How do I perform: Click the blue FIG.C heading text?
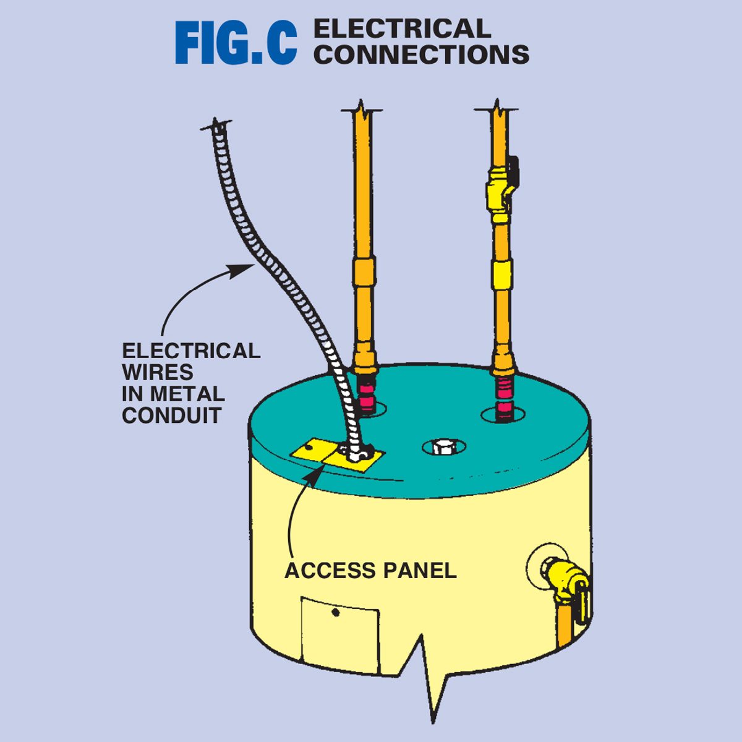tap(236, 43)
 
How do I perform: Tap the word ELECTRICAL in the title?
tap(402, 29)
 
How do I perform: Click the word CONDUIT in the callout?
tap(171, 416)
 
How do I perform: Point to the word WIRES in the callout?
tap(157, 372)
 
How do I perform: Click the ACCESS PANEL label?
tap(370, 570)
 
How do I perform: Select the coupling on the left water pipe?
tap(364, 271)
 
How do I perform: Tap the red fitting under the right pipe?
tap(505, 395)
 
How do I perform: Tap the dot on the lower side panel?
tap(335, 613)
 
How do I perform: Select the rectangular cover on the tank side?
tap(340, 634)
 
